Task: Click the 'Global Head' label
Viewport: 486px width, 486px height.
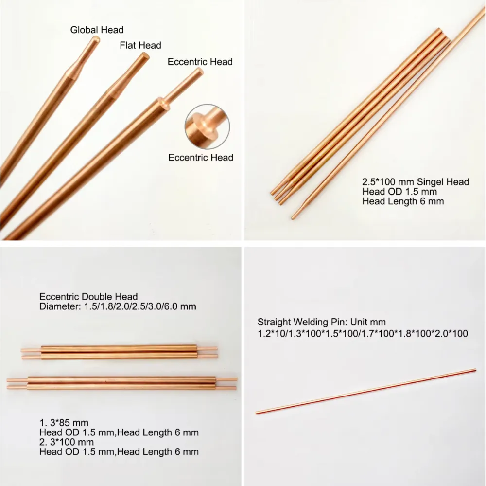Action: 97,30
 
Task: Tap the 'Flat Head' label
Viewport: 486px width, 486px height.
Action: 140,45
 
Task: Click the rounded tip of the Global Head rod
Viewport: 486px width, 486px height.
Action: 96,39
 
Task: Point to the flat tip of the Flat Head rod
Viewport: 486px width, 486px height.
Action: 145,56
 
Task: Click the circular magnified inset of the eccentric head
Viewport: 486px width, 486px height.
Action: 207,126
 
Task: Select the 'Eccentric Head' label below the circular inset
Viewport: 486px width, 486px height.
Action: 201,157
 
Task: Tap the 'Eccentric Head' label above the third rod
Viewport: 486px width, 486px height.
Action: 200,62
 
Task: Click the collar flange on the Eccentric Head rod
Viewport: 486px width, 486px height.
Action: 163,103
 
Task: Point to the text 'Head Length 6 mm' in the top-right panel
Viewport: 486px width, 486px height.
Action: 403,201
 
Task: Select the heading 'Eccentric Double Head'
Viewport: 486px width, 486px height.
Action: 88,297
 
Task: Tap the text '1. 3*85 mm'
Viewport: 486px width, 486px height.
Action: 64,423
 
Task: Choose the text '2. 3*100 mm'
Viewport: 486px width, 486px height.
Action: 66,442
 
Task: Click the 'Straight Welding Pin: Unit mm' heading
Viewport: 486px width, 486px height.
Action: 321,322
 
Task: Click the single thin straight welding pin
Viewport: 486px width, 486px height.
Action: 366,391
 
